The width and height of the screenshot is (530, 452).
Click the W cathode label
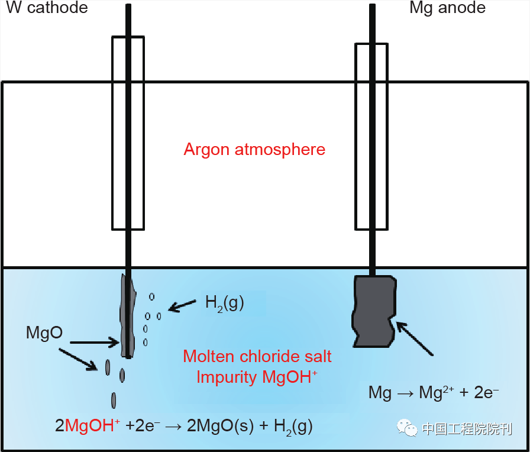[x=47, y=8]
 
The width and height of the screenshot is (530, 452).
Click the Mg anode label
[x=447, y=8]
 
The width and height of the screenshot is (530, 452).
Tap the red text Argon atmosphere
[x=254, y=148]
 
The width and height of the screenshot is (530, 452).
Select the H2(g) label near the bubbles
[x=224, y=303]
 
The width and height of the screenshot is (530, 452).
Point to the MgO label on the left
[x=44, y=332]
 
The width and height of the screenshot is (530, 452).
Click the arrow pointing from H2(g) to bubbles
[x=183, y=305]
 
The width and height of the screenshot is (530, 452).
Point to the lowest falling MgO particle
[x=114, y=400]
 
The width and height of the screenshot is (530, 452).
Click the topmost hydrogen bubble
[x=151, y=296]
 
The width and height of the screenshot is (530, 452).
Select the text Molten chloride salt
[x=257, y=356]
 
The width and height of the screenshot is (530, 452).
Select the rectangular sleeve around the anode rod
[x=371, y=135]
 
